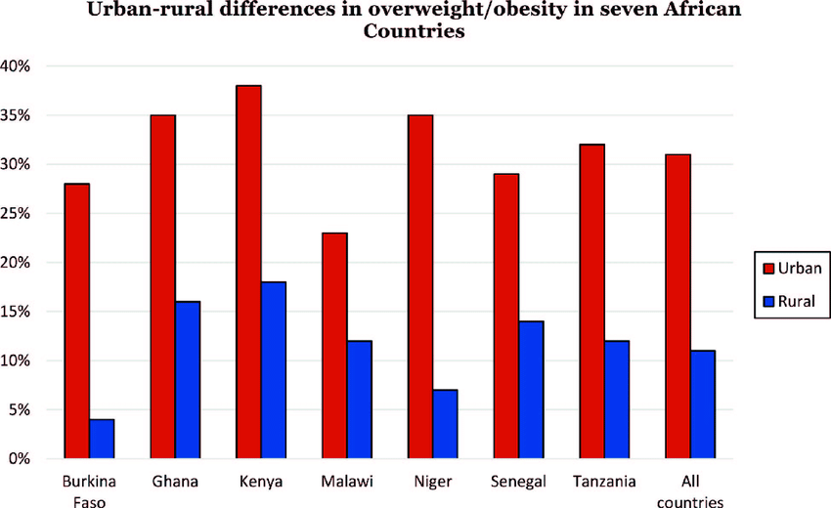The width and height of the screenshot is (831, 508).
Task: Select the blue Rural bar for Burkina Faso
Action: point(102,439)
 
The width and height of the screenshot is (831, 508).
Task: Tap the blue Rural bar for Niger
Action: point(446,424)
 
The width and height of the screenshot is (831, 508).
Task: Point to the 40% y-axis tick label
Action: point(19,66)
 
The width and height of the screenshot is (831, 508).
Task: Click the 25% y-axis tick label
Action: point(19,214)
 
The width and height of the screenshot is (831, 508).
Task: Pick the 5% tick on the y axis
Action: point(22,410)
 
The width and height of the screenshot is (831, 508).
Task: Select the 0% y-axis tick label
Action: point(22,459)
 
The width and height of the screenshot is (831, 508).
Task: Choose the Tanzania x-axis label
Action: point(605,482)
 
